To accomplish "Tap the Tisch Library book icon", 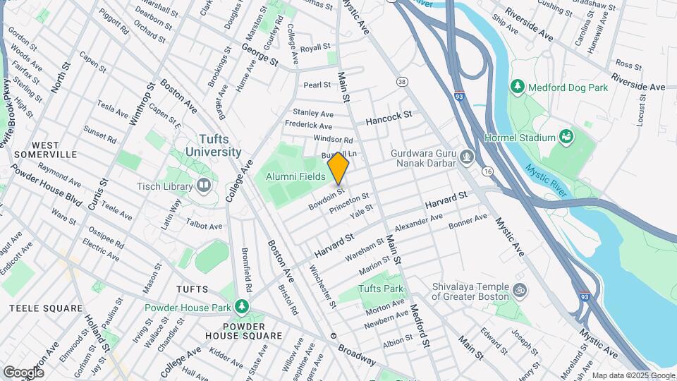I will (205, 186).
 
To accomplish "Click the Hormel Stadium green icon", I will (566, 135).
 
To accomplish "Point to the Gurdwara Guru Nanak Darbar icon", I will (466, 156).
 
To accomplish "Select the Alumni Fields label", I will (294, 177).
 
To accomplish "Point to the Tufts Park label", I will (381, 289).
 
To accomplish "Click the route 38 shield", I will (402, 82).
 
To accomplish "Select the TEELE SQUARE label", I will (46, 308).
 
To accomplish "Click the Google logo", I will (23, 372).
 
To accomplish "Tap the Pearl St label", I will (317, 85).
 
